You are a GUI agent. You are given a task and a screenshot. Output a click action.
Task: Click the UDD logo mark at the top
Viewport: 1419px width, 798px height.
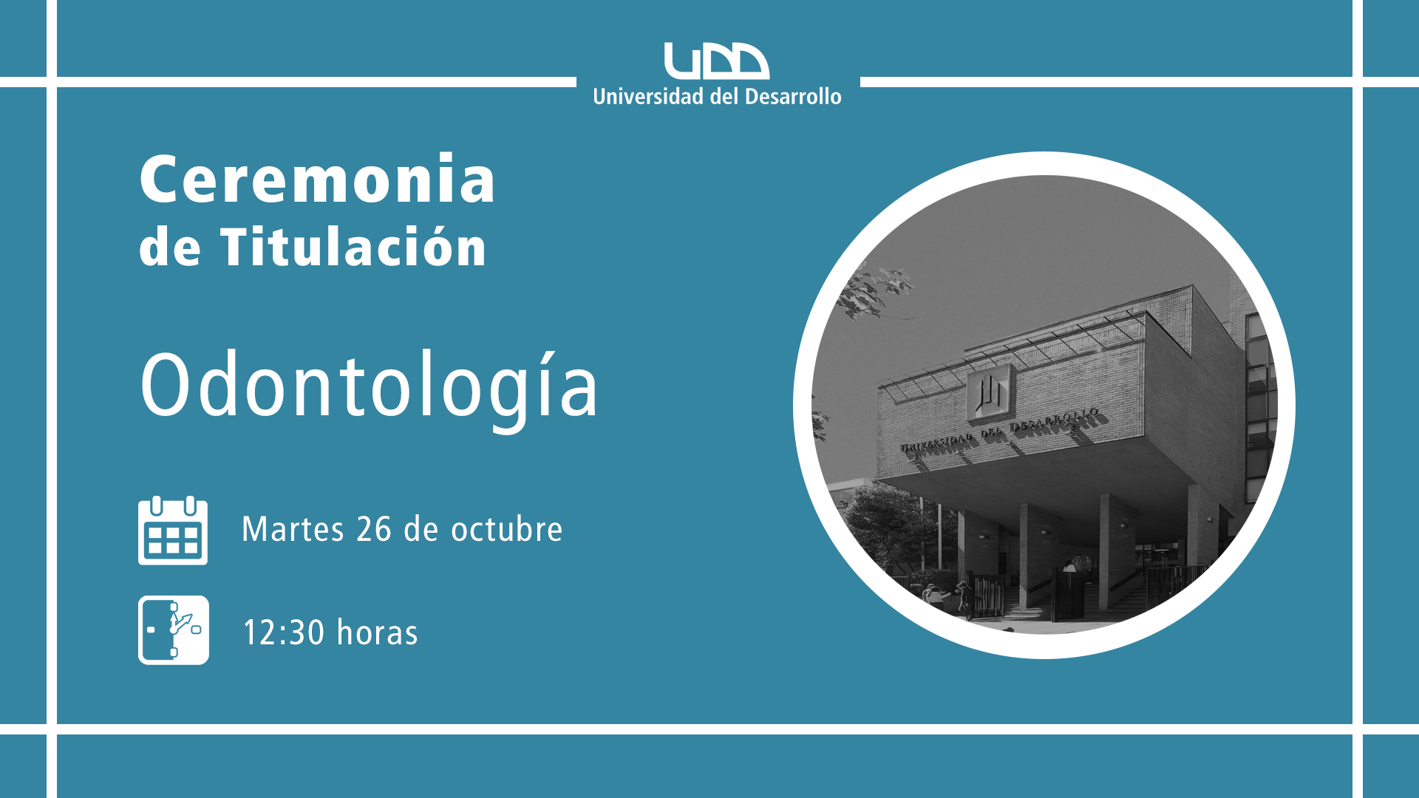point(716,61)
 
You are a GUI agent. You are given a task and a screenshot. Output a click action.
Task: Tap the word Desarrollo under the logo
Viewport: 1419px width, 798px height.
point(793,97)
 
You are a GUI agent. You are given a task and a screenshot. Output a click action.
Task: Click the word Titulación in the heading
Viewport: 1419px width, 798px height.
point(353,246)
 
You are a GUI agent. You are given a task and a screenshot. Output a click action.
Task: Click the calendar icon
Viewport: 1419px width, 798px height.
point(173,531)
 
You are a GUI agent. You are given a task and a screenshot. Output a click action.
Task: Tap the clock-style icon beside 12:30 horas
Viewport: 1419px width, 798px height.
point(174,630)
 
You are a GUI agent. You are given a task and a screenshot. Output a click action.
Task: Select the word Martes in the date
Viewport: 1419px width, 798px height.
point(293,530)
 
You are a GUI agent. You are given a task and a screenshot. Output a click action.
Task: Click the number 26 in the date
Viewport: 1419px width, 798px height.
point(374,530)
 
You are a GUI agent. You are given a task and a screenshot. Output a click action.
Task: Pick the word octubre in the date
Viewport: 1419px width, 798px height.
point(507,529)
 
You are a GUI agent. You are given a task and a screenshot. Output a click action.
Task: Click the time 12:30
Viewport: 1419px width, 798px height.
point(284,633)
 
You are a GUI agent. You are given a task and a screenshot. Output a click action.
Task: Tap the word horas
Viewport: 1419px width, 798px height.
point(377,633)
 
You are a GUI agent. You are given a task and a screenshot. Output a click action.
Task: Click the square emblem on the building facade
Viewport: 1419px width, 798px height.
point(989,392)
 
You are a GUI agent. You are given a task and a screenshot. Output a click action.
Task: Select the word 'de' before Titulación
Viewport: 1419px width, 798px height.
point(169,248)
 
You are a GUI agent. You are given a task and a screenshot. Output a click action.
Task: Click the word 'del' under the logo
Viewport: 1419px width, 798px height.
point(724,97)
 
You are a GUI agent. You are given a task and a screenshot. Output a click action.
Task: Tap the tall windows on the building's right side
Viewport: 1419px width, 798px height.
point(1259,406)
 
